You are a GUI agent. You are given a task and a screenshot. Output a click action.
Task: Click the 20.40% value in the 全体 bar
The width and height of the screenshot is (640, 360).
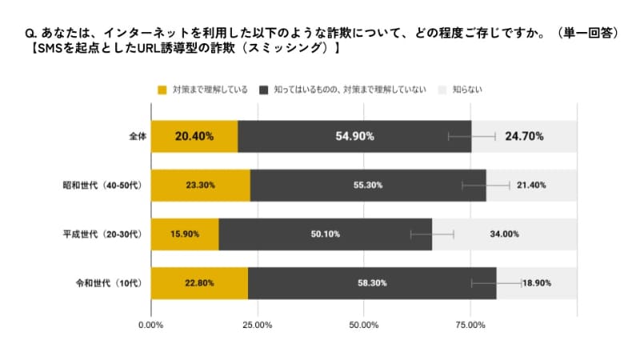tap(194, 136)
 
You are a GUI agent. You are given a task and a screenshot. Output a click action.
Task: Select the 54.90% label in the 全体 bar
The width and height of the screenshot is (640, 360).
tap(355, 136)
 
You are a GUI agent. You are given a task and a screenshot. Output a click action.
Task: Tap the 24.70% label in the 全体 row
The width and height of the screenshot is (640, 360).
tap(524, 136)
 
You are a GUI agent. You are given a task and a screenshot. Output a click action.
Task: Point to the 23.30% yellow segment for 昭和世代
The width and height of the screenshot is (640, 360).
tap(200, 185)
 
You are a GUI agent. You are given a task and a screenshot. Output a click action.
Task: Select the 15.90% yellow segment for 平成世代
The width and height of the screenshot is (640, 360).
tap(185, 234)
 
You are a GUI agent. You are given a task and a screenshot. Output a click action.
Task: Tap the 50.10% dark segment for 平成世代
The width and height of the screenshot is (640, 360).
tap(325, 234)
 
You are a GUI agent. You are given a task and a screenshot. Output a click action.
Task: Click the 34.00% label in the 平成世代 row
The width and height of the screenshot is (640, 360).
tap(504, 234)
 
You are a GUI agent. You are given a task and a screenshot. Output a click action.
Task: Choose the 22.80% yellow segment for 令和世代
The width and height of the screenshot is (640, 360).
tap(199, 283)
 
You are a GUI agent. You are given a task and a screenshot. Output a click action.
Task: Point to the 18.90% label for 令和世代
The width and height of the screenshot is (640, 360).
tap(537, 283)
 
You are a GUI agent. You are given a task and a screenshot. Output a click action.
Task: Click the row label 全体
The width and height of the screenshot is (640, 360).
tap(137, 136)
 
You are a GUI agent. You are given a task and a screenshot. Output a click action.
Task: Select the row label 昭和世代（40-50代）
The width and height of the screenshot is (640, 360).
tap(102, 185)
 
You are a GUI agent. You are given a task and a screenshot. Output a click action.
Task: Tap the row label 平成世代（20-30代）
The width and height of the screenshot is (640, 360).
tap(102, 234)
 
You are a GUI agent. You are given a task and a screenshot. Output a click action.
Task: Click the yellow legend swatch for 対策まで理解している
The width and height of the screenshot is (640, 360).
tap(162, 89)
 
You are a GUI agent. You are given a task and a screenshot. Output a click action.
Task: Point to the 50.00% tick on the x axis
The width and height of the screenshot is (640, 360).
tap(363, 325)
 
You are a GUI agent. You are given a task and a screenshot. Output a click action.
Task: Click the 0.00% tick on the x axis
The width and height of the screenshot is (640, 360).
tap(151, 325)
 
